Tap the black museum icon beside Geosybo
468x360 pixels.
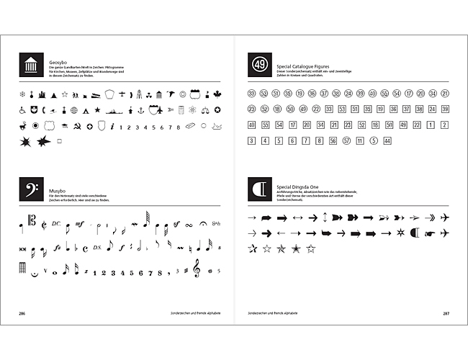click(x=31, y=66)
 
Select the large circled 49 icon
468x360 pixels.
click(x=260, y=66)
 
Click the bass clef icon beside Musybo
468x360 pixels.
click(x=31, y=189)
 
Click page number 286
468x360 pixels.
click(x=22, y=314)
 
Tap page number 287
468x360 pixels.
click(x=446, y=314)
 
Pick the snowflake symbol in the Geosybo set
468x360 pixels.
click(x=22, y=94)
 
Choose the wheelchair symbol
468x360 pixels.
click(x=22, y=110)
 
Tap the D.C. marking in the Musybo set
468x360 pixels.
click(x=57, y=224)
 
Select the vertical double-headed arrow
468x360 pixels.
click(x=325, y=217)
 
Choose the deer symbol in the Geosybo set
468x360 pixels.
click(x=22, y=127)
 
